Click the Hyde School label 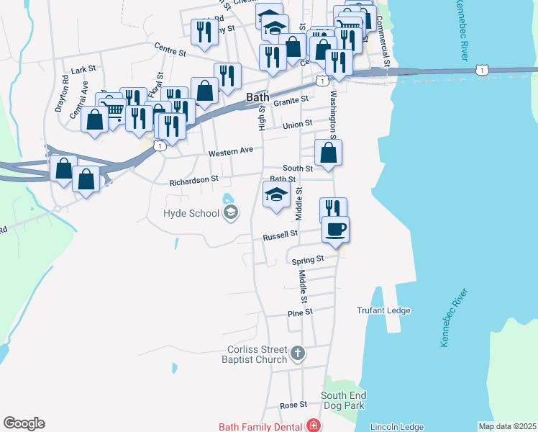190,213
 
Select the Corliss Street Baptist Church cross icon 298,354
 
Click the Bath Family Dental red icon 313,426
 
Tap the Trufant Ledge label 383,310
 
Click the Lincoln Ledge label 396,427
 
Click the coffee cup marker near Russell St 335,230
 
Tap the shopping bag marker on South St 328,153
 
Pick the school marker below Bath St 277,195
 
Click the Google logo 24,423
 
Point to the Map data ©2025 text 507,426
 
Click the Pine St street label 300,312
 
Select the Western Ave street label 231,153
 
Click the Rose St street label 293,405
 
